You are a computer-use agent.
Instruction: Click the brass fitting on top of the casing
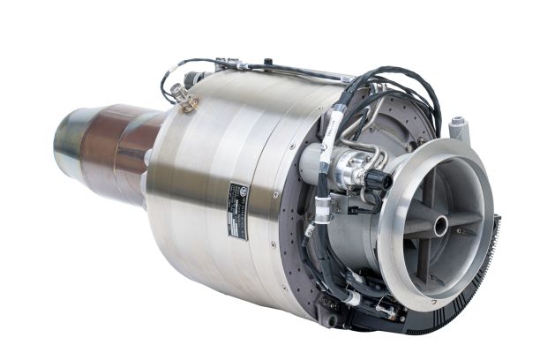[x=188, y=102]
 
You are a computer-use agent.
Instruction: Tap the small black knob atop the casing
[x=267, y=64]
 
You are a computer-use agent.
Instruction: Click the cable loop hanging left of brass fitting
[x=167, y=83]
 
